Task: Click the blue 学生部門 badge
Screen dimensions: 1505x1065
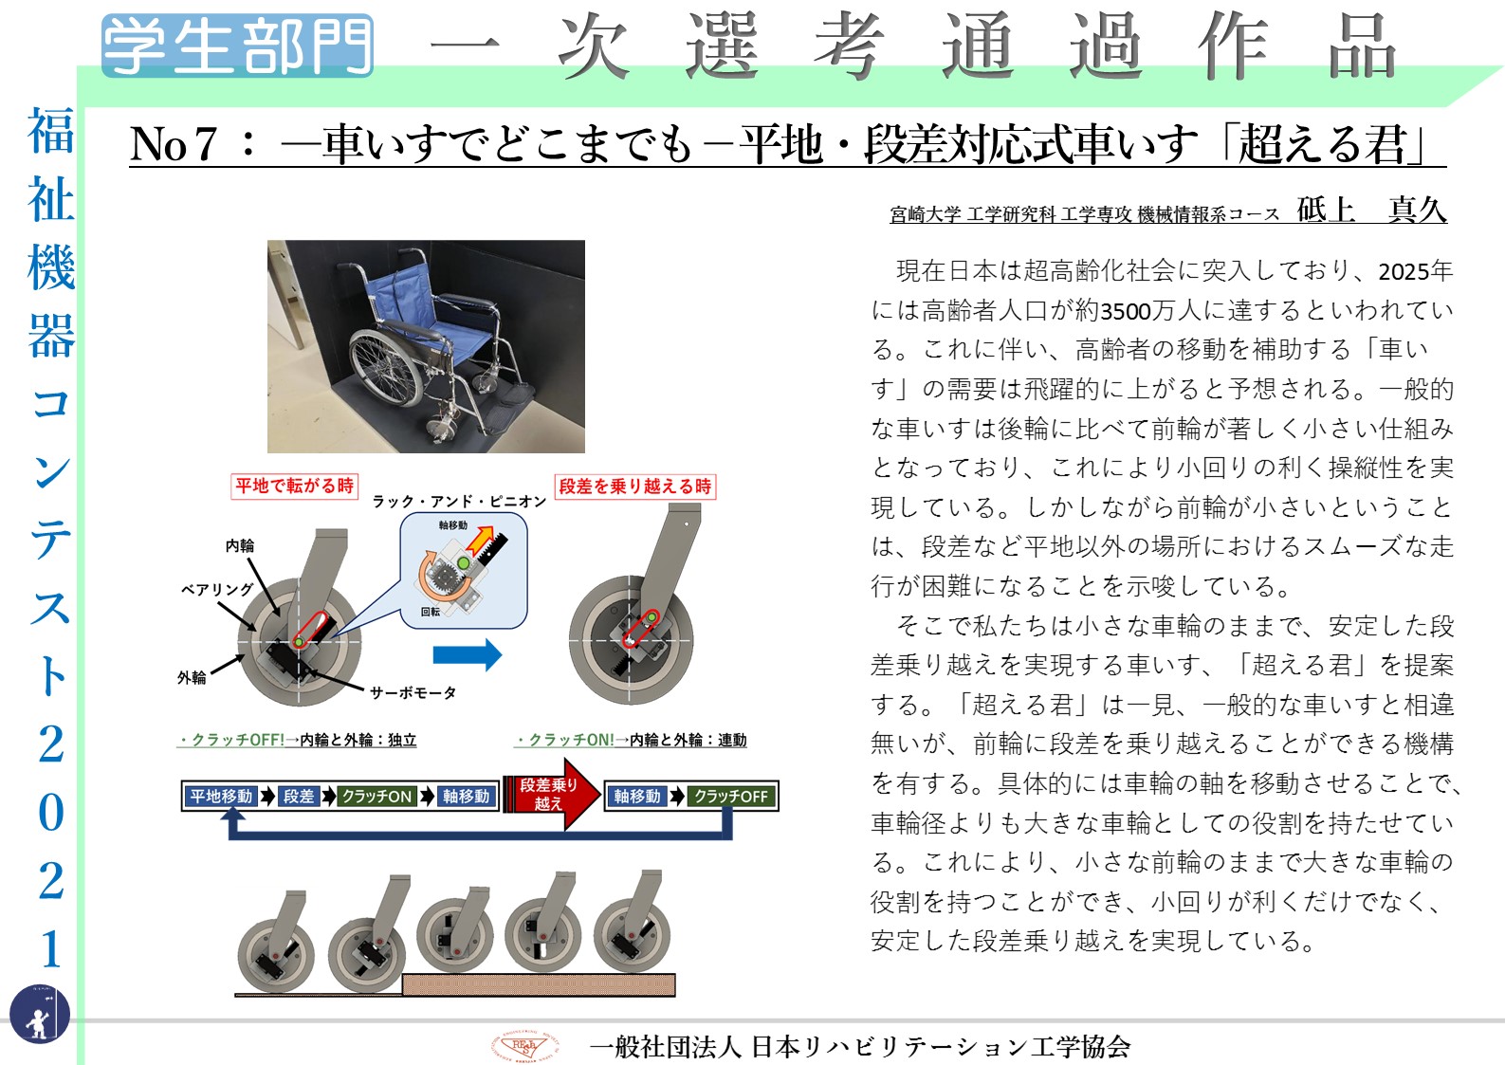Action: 237,46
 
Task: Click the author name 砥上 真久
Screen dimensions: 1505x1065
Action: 1371,210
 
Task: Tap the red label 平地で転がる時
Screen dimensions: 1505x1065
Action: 294,486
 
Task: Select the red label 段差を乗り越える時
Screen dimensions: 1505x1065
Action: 635,486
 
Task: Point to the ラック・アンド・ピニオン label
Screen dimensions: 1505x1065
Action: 460,502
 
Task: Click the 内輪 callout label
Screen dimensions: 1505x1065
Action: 240,545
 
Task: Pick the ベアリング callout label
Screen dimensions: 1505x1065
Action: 218,589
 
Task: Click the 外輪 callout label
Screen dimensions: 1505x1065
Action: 192,677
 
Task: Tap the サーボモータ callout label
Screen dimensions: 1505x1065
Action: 413,692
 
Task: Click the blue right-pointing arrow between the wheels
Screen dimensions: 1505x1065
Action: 468,654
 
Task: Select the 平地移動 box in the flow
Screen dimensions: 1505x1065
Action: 221,797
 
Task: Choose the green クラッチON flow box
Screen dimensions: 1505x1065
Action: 376,797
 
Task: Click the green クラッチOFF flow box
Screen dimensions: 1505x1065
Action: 731,797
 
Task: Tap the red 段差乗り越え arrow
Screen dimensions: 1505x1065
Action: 552,794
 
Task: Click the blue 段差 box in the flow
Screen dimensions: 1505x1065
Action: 299,797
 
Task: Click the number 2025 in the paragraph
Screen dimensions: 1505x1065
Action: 1404,271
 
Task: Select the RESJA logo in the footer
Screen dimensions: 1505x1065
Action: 524,1045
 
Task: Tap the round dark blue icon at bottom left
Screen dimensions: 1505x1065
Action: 40,1014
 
